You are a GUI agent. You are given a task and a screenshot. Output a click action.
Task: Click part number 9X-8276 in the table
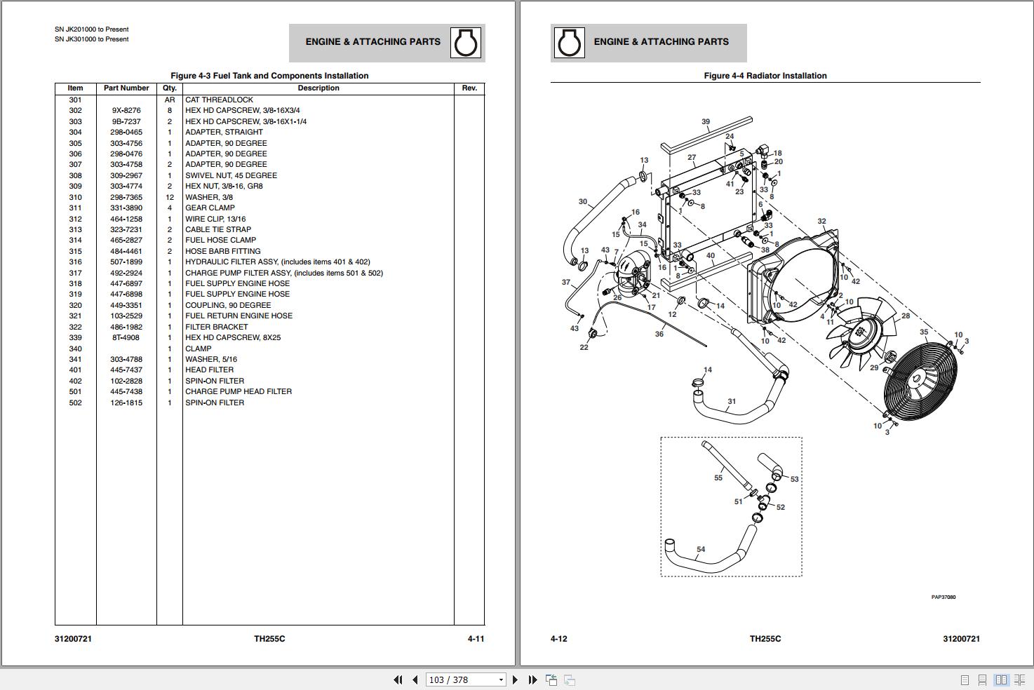tap(126, 110)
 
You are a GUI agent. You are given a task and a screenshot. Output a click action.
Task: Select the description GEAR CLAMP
tap(210, 208)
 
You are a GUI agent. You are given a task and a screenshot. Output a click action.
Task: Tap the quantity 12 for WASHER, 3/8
tap(169, 197)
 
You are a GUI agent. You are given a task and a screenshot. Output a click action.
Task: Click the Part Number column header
tap(126, 88)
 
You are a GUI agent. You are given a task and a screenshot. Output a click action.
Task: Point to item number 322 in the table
tap(75, 327)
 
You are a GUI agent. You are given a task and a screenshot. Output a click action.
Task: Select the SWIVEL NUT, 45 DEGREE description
tap(231, 175)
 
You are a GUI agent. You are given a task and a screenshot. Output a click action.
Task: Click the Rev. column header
tap(469, 88)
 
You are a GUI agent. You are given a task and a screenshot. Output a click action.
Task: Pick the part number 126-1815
tap(126, 402)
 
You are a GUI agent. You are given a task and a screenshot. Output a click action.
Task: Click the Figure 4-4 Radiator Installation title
tap(765, 76)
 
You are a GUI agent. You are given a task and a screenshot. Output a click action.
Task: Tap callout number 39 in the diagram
tap(706, 122)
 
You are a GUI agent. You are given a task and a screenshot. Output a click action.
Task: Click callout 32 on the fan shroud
tap(821, 222)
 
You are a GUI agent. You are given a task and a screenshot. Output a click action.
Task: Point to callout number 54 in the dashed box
tap(701, 550)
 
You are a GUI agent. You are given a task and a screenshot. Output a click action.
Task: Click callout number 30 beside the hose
tap(582, 202)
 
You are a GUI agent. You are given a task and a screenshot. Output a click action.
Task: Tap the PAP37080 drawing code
tap(943, 597)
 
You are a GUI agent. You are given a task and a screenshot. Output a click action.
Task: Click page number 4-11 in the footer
tap(476, 639)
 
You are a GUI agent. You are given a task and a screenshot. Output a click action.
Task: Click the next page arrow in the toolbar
tap(516, 679)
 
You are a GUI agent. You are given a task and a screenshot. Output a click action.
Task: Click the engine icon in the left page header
tap(466, 43)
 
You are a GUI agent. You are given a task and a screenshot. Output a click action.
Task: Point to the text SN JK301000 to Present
tap(92, 39)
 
